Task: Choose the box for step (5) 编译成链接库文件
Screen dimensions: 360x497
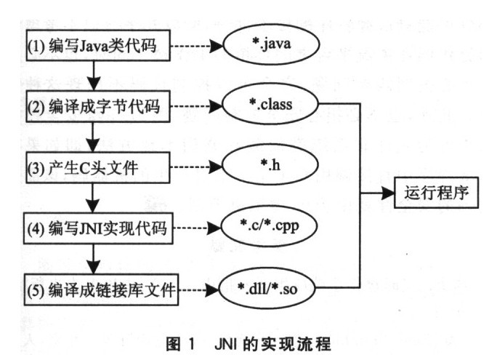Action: point(101,292)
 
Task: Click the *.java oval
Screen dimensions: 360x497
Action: point(270,48)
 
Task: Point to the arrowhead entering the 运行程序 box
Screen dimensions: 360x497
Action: point(389,195)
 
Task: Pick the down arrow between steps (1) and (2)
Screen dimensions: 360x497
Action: point(94,76)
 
